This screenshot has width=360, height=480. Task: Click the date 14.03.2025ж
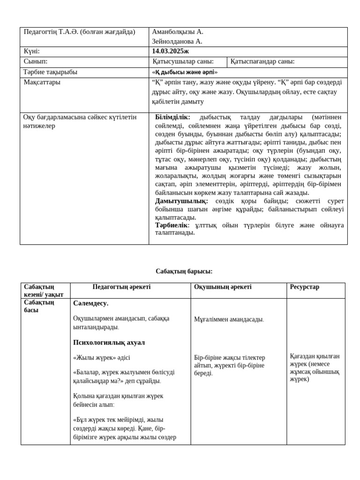click(170, 52)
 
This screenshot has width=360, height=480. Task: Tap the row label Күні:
click(32, 52)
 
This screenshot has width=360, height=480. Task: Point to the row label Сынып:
click(36, 62)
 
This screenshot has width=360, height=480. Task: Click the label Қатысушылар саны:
click(183, 62)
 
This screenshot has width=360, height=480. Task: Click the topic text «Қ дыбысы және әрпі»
click(185, 73)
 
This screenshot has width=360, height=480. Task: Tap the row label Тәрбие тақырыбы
click(51, 72)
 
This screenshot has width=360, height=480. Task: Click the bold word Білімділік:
click(172, 117)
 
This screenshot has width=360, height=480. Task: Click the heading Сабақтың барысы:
click(184, 271)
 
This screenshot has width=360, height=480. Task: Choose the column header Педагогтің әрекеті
click(121, 287)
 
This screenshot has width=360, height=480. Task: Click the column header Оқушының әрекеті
click(223, 287)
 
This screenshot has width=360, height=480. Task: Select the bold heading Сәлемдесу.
click(90, 303)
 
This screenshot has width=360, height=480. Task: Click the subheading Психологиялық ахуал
click(109, 343)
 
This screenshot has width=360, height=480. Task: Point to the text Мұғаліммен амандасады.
click(229, 320)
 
